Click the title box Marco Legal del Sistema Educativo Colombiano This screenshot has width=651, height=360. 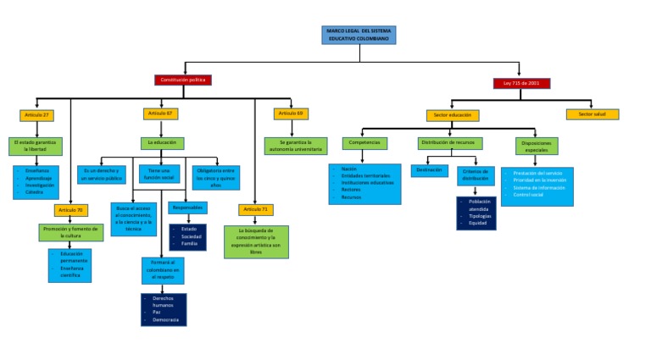tap(359, 35)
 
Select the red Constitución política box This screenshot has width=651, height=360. tap(182, 80)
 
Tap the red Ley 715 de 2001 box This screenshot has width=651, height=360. tap(521, 83)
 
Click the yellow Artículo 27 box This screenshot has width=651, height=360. tap(36, 114)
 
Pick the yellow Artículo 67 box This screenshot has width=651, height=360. tap(161, 114)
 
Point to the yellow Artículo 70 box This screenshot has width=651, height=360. tap(71, 209)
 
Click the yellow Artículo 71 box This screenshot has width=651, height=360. tap(255, 208)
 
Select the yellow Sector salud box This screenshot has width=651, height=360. tap(593, 114)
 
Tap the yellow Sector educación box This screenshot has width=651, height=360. tap(453, 115)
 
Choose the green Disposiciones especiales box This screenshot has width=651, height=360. tap(537, 145)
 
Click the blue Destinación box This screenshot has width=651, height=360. tap(430, 170)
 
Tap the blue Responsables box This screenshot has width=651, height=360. tap(187, 208)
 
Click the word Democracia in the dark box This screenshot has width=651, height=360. tap(167, 319)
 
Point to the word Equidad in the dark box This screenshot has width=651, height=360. tap(478, 223)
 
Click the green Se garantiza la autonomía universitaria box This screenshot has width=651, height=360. tap(291, 146)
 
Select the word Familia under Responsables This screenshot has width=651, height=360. tap(189, 243)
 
